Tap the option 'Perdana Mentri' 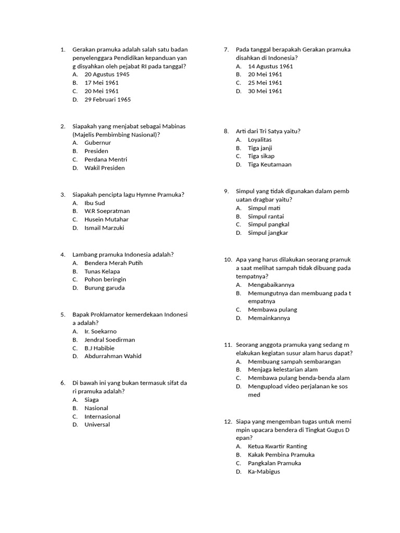point(106,159)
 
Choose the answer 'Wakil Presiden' point(105,168)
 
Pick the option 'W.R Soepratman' point(107,211)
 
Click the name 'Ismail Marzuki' point(104,228)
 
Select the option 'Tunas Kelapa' point(102,271)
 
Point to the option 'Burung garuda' point(105,288)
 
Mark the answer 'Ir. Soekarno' point(101,332)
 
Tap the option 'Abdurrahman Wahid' point(113,357)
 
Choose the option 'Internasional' point(102,416)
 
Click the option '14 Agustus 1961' point(270,66)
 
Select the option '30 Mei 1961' point(265,91)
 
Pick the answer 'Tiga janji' point(260,148)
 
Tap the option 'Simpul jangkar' point(268,233)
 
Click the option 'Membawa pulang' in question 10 point(272,310)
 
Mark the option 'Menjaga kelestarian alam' point(283,370)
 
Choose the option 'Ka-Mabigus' point(264,472)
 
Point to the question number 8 point(226,131)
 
